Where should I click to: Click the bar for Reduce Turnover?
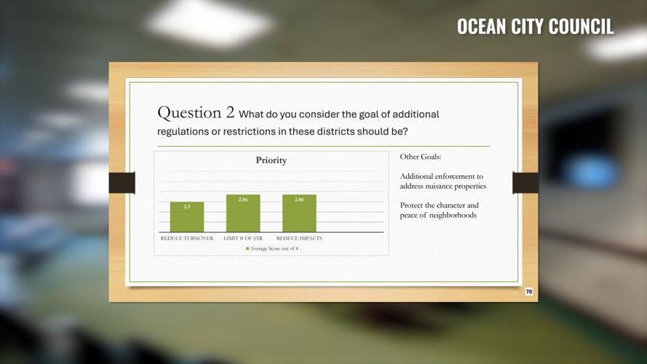[187, 217]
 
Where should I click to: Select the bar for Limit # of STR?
[243, 213]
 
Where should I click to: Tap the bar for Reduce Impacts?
[299, 213]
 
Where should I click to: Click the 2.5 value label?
[187, 207]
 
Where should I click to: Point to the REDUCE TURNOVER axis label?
[187, 238]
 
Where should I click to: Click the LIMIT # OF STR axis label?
[243, 238]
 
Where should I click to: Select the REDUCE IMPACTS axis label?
[299, 238]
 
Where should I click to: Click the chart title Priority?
[271, 160]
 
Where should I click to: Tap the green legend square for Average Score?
[247, 249]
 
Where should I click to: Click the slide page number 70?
[529, 292]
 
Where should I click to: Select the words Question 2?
[196, 113]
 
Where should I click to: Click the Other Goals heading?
[421, 157]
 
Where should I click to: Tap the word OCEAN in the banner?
[481, 27]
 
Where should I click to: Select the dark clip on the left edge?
[122, 183]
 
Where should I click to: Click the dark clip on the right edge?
[525, 183]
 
